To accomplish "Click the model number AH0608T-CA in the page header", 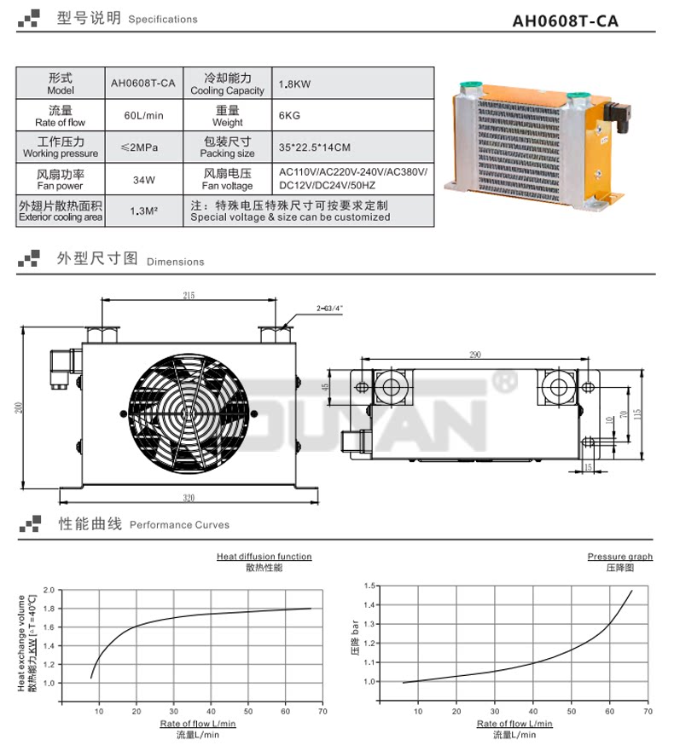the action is click(x=589, y=20).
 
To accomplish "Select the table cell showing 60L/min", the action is click(x=142, y=114).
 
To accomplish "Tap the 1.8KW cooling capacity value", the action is click(x=294, y=84).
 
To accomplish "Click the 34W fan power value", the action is click(x=142, y=179).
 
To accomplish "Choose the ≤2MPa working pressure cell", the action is click(x=142, y=147).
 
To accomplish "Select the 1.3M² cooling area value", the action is click(x=142, y=211).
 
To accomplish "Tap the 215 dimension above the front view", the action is click(x=188, y=296).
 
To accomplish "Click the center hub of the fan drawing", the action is click(x=190, y=416).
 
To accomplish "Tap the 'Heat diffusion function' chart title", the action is click(x=264, y=557).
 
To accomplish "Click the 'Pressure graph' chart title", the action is click(x=619, y=557).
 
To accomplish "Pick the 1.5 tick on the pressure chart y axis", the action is click(x=369, y=586).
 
